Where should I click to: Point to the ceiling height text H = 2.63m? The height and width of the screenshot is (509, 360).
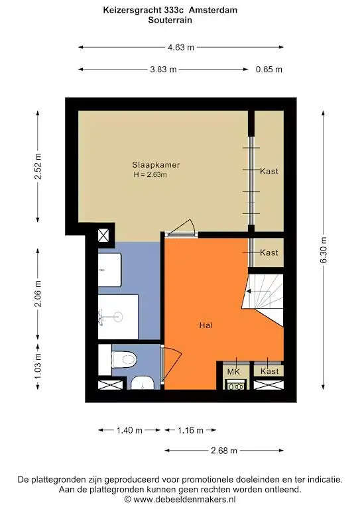pyautogui.click(x=150, y=175)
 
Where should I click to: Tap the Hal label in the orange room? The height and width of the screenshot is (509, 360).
pyautogui.click(x=206, y=325)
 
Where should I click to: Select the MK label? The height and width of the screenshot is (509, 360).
pyautogui.click(x=233, y=372)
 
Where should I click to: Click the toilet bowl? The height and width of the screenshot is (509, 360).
pyautogui.click(x=125, y=359)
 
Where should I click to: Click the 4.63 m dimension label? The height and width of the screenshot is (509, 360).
pyautogui.click(x=181, y=47)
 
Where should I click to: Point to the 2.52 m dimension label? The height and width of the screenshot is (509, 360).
pyautogui.click(x=38, y=166)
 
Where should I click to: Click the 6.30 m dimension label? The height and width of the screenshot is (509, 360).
pyautogui.click(x=324, y=250)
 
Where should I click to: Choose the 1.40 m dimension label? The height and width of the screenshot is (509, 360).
pyautogui.click(x=129, y=431)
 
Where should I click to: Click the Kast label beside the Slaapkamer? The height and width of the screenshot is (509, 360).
pyautogui.click(x=269, y=171)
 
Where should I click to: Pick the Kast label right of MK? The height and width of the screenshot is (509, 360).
pyautogui.click(x=269, y=372)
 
